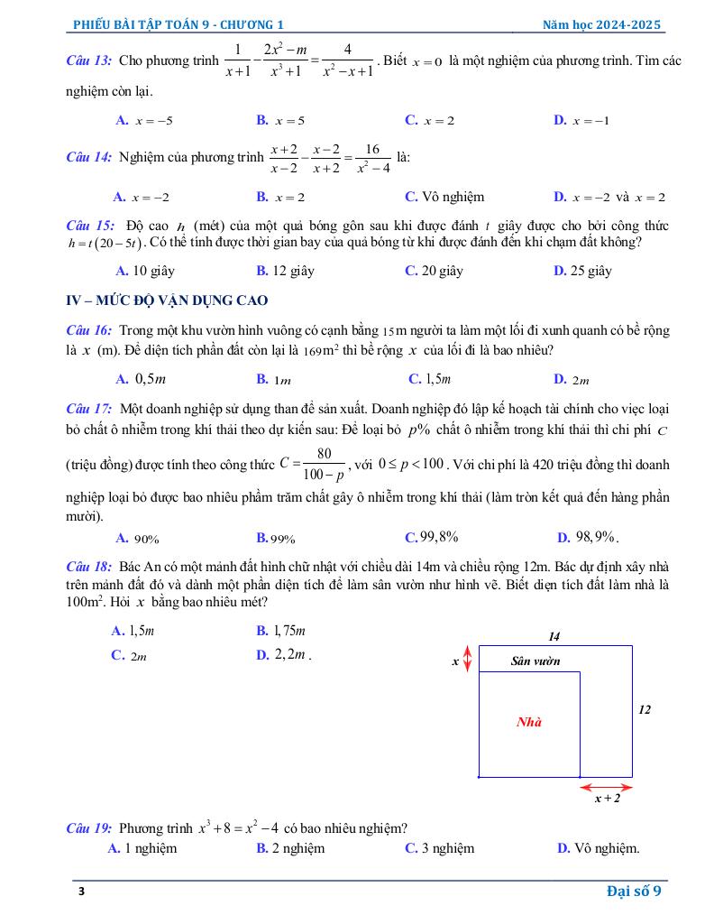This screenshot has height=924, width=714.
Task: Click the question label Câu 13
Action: coord(89,60)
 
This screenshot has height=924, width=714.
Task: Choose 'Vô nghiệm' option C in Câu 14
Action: coord(445,197)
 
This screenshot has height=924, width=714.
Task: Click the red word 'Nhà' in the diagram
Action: coord(529,722)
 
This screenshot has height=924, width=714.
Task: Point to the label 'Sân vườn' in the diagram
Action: coord(535,661)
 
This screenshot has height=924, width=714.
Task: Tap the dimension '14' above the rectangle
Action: coord(554,636)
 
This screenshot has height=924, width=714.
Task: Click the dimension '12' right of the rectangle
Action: coord(645,710)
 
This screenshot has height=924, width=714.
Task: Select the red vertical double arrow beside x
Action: coord(467,659)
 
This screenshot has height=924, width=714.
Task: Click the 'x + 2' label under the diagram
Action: coord(607,798)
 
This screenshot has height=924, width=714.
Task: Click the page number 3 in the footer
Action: coord(80,892)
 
